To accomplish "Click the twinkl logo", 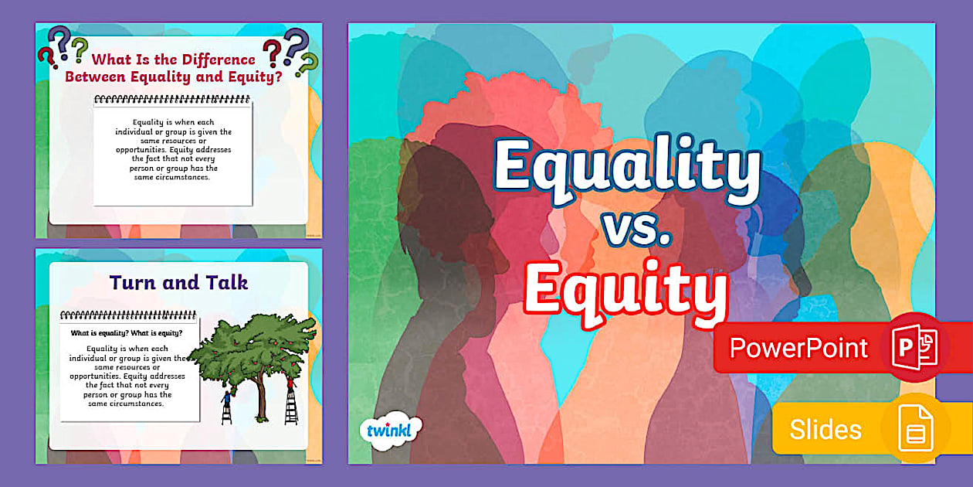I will (391, 429).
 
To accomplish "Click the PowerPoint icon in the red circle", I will (915, 348).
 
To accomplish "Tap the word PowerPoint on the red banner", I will (798, 348).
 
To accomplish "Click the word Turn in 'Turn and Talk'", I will (137, 282).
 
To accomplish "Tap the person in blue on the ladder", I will (226, 400).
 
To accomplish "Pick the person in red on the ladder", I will (291, 382).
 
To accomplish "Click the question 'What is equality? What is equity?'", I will (126, 333).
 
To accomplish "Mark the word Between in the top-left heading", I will (97, 77).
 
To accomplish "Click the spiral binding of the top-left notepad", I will (172, 100).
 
